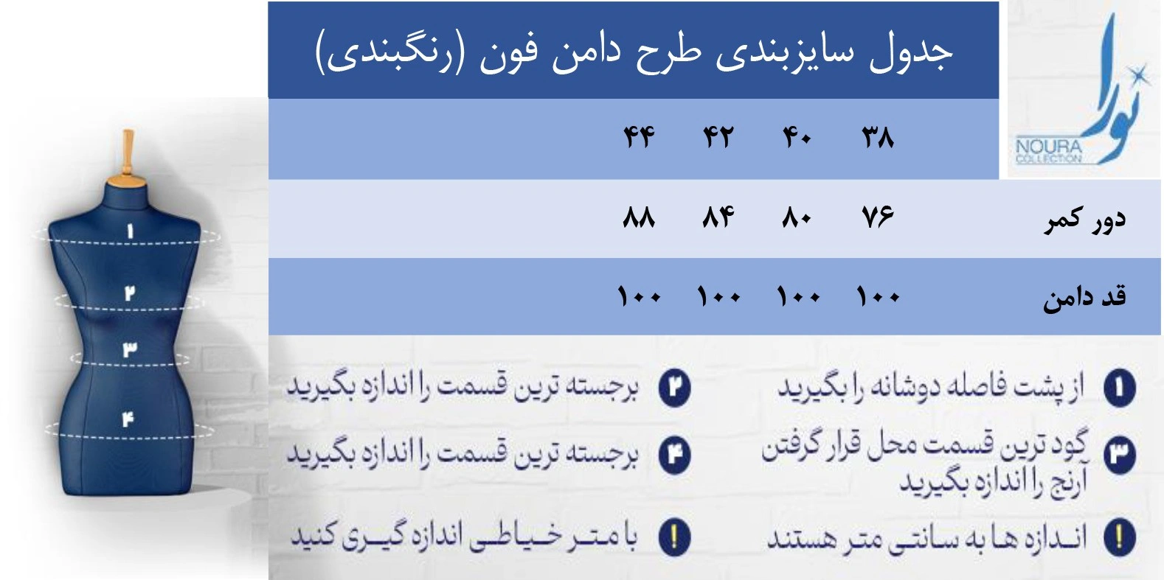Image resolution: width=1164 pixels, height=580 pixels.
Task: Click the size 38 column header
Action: [x=878, y=138]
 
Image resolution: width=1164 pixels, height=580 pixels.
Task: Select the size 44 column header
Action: [x=639, y=138]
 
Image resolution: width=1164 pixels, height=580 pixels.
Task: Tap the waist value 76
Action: [x=878, y=217]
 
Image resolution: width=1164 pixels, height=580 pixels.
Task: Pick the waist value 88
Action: [x=639, y=217]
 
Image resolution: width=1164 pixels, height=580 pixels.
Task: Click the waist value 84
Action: [x=718, y=217]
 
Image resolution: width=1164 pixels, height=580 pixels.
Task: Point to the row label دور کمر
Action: [x=1085, y=220]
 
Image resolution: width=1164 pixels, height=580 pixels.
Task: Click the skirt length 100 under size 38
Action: [x=878, y=296]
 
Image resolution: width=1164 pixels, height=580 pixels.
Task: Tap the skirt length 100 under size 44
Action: [x=639, y=296]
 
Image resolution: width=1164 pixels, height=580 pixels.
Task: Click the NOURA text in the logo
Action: [x=1049, y=147]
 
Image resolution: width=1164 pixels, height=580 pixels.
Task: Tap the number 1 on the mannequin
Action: [x=130, y=231]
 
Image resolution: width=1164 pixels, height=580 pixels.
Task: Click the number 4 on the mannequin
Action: [x=128, y=419]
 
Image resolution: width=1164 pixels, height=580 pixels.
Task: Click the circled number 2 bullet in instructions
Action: [x=674, y=388]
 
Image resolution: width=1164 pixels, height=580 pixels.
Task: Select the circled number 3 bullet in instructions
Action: [x=1119, y=455]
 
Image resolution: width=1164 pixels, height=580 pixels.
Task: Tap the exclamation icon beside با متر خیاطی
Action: [x=674, y=537]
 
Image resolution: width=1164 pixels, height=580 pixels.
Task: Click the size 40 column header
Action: [x=797, y=138]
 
